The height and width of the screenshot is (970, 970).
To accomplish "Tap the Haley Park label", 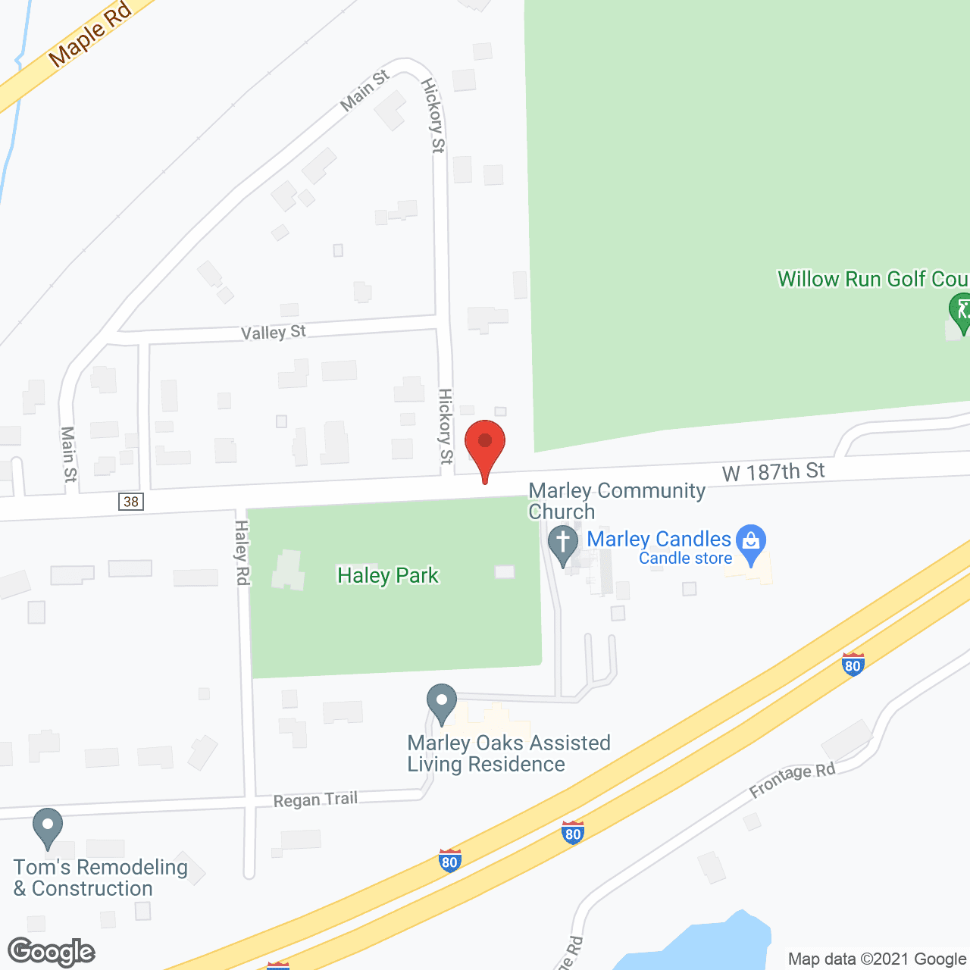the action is click(387, 576).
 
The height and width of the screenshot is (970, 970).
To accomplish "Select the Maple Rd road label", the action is click(89, 34).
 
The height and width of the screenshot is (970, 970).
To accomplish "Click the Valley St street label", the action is click(273, 333).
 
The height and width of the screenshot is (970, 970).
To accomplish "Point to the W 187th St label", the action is click(773, 472).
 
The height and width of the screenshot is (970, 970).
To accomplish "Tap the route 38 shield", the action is click(131, 502).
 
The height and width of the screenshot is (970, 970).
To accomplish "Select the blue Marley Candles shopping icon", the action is click(751, 543).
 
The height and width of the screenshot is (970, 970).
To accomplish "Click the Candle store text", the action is click(685, 559).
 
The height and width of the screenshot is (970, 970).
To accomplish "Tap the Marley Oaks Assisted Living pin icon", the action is click(441, 702).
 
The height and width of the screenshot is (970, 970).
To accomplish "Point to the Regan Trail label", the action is click(315, 799).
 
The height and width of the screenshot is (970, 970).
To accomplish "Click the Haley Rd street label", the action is click(242, 552).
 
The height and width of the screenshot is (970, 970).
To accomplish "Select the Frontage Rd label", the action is click(792, 780).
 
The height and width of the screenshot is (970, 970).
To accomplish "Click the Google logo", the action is click(52, 952).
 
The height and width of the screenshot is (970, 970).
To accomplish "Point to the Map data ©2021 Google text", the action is click(877, 959).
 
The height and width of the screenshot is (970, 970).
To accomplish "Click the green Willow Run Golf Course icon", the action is click(961, 311).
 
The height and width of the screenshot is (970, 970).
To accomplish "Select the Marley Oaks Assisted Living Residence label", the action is click(508, 753).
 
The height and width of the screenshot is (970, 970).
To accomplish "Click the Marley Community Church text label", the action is click(616, 501).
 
